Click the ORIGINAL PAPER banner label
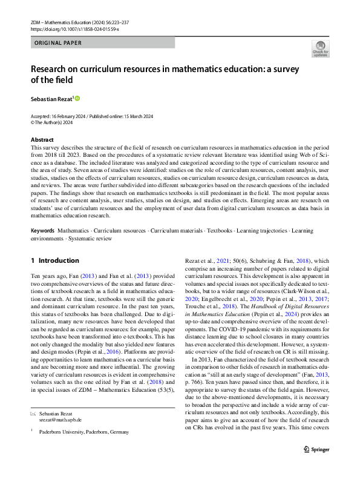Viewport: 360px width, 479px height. pyautogui.click(x=57, y=43)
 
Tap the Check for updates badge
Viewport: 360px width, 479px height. pyautogui.click(x=320, y=49)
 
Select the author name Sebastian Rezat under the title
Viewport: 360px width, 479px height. pyautogui.click(x=51, y=97)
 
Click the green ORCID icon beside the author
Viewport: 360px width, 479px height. pyautogui.click(x=77, y=97)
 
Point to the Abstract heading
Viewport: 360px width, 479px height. pyautogui.click(x=42, y=139)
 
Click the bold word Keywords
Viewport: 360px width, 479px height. pyautogui.click(x=42, y=231)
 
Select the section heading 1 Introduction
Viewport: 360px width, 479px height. pyautogui.click(x=54, y=260)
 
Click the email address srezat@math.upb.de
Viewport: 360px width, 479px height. pyautogui.click(x=60, y=419)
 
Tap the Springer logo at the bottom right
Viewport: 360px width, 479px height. pyautogui.click(x=316, y=466)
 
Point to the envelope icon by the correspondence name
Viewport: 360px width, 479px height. pyautogui.click(x=33, y=413)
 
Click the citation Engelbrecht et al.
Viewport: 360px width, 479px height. pyautogui.click(x=221, y=315)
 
